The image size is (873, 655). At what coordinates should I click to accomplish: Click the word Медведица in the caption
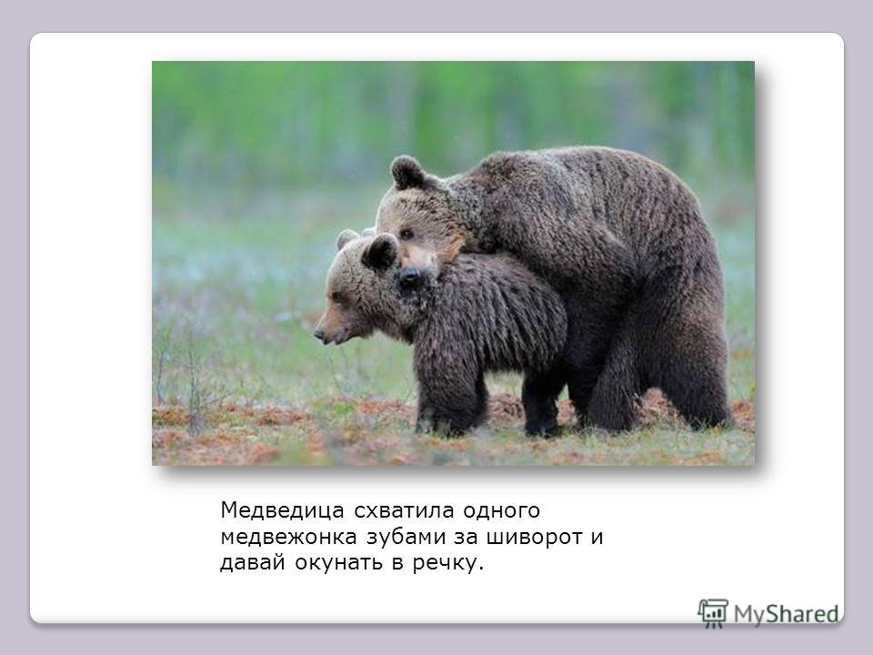click(283, 510)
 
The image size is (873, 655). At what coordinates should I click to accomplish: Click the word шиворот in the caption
click(535, 537)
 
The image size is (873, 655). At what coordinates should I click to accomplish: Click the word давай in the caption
click(253, 562)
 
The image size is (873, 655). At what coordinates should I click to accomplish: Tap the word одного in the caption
click(502, 511)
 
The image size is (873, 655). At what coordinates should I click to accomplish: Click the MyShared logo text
click(786, 614)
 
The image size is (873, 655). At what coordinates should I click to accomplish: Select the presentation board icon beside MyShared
click(713, 612)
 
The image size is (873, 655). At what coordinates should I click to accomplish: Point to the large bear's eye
click(406, 234)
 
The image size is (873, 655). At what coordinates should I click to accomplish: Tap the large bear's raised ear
click(407, 172)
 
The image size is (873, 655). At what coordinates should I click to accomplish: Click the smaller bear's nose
click(319, 335)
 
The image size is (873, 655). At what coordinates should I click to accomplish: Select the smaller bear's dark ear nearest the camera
click(380, 252)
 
